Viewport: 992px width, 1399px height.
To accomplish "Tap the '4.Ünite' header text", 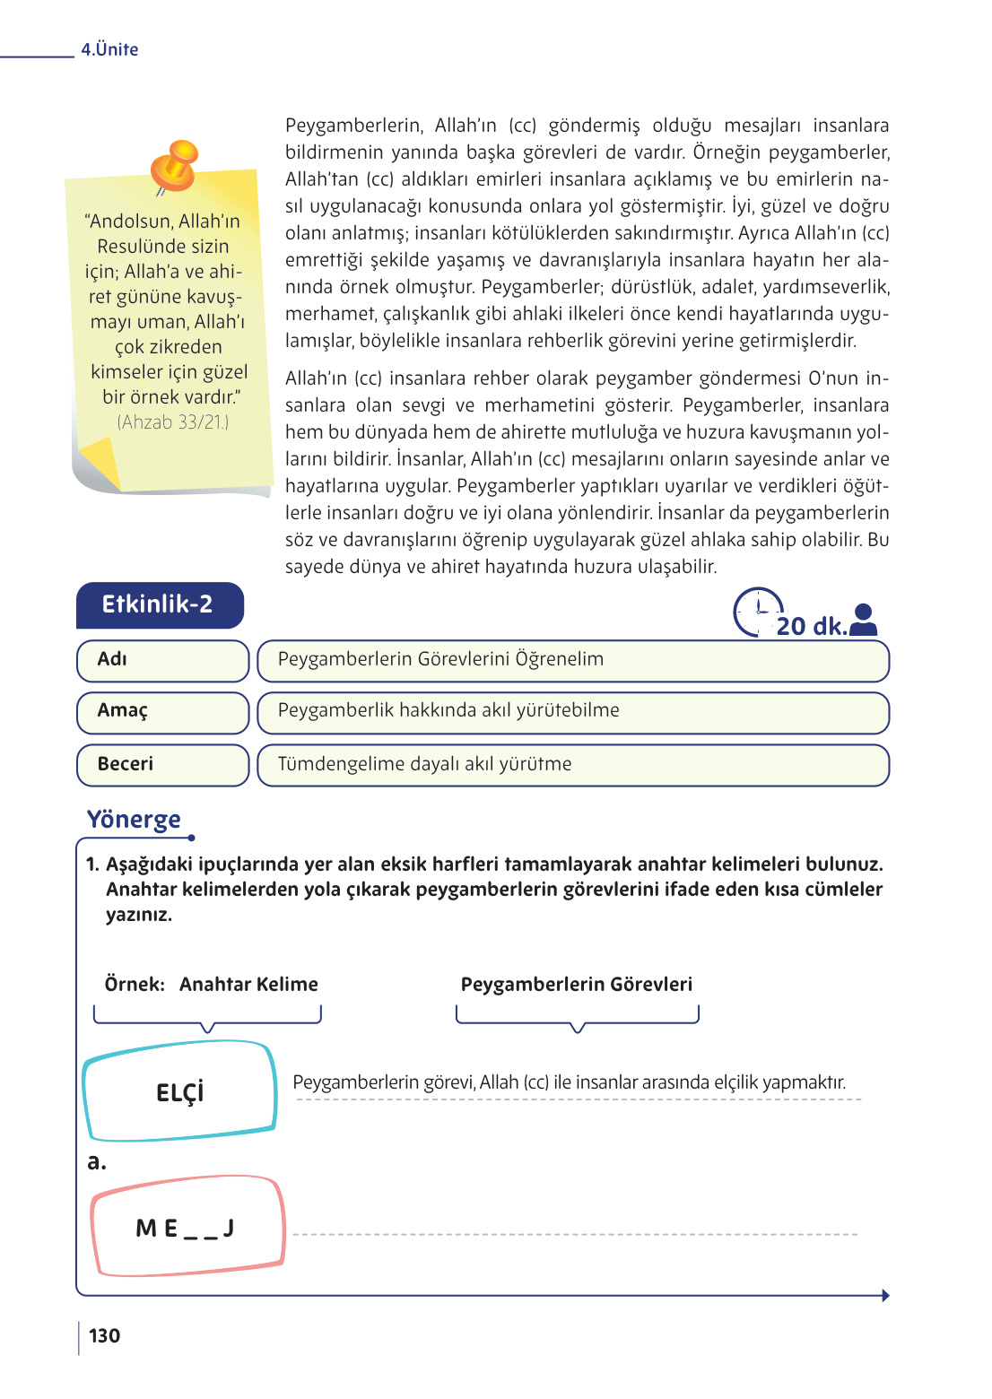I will (109, 50).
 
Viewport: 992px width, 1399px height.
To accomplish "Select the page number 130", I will (104, 1335).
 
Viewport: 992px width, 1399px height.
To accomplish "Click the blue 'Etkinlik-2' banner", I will (159, 604).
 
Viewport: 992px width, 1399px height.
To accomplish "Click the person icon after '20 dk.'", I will (863, 620).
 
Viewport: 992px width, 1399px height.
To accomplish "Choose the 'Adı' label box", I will (162, 660).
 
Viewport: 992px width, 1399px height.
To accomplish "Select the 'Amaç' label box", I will (162, 711).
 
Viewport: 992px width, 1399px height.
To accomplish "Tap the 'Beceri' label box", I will (162, 764).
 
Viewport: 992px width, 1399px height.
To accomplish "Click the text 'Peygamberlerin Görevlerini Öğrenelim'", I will (440, 659).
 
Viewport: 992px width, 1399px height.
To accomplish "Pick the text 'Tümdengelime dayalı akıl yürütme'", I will (424, 764).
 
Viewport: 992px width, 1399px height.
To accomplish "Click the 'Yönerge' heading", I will (134, 820).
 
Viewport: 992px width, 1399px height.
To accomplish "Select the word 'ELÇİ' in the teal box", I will (179, 1092).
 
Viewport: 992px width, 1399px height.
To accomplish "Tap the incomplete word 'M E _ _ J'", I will (185, 1229).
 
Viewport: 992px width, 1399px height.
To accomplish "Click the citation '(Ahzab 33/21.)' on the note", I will (173, 421).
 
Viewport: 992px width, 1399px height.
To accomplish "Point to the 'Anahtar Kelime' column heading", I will (248, 984).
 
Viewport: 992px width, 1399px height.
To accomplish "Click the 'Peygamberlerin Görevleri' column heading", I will (576, 984).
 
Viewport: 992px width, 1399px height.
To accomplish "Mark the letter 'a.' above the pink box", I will (96, 1162).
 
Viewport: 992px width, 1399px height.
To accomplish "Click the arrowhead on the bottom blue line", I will (884, 1295).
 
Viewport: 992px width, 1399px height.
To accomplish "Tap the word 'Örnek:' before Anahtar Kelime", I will (135, 984).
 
